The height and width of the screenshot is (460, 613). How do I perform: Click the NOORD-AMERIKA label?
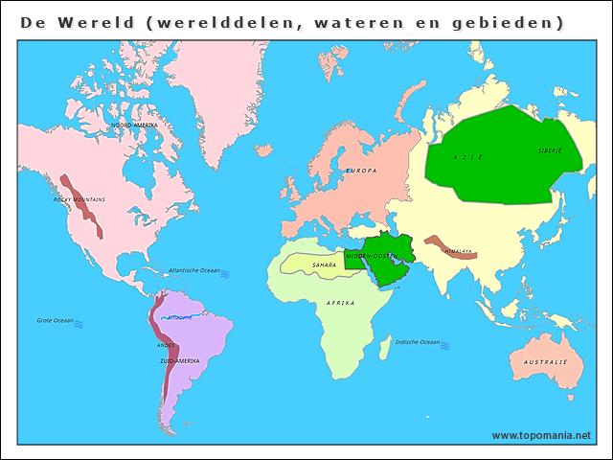point(134,126)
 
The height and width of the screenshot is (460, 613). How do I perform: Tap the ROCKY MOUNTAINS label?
point(79,199)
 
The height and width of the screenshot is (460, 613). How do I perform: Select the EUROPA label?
point(361,171)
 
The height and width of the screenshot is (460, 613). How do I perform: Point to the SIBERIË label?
point(550,150)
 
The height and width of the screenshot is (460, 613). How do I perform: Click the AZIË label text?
point(468,157)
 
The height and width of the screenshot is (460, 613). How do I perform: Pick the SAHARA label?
point(324,264)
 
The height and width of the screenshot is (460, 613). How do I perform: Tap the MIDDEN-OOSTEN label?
point(372,257)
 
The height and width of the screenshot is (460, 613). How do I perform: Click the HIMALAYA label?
point(458,251)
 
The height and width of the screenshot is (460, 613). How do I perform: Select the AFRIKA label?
point(341,303)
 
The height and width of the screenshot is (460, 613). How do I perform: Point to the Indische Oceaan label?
point(417,342)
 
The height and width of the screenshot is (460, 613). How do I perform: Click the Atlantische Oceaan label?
point(194,271)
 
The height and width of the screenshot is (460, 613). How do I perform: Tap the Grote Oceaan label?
point(56,320)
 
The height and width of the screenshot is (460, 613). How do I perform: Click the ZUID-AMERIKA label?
point(180,361)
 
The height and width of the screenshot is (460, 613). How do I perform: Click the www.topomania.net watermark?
point(541,435)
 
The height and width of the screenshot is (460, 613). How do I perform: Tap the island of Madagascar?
point(384,348)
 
